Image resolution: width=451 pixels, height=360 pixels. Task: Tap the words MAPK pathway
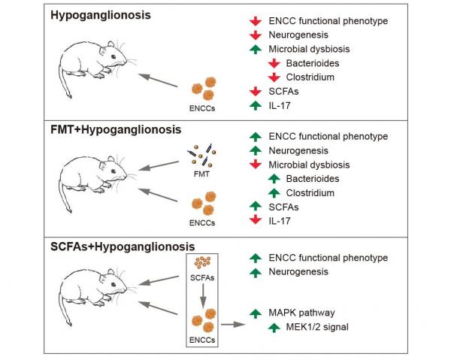[303, 312]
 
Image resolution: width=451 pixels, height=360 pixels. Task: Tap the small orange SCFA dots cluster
[202, 264]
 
